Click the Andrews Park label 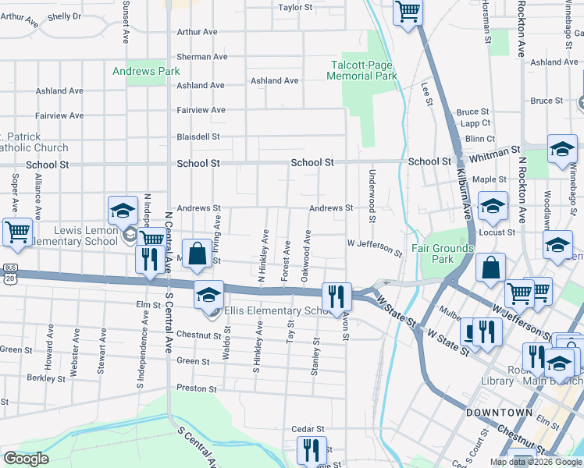tap(146, 71)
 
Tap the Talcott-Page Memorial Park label tap(364, 70)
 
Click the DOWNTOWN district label tap(500, 412)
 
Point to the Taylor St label tap(295, 8)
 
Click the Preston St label tap(197, 388)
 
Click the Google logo tap(26, 459)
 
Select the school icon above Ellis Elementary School tap(208, 296)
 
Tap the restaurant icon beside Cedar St tap(311, 451)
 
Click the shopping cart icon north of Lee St tap(408, 12)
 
